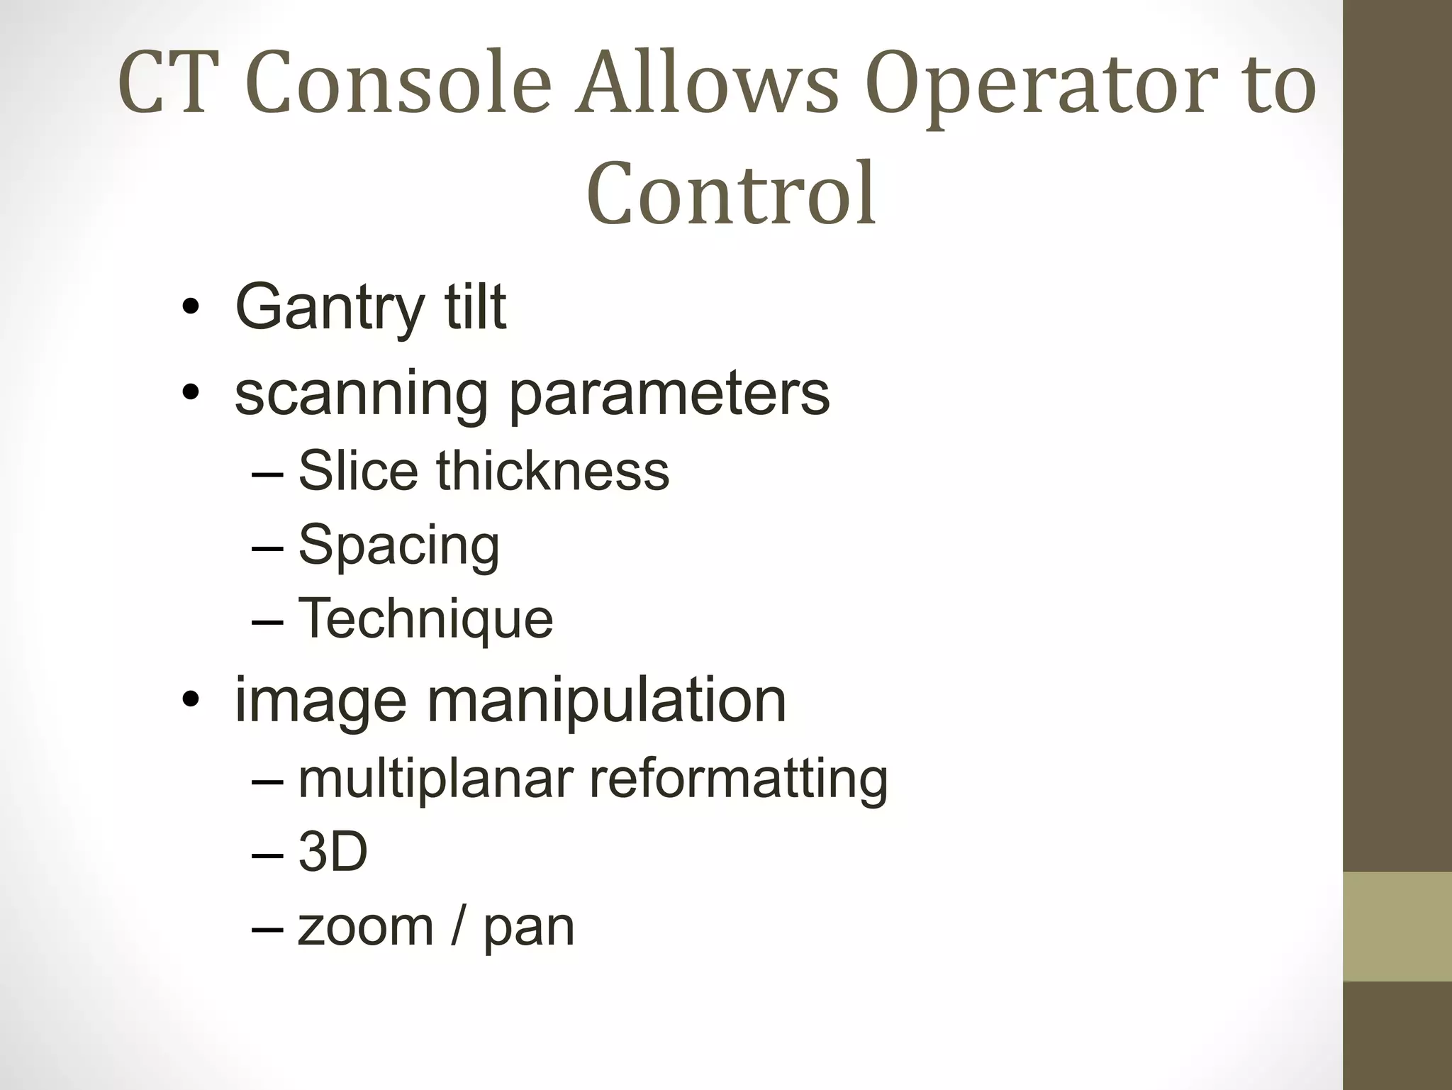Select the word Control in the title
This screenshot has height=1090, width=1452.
coord(731,193)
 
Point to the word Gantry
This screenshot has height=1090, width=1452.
coord(330,308)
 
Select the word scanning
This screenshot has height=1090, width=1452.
coord(361,394)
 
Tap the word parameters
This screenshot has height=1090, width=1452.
coord(669,394)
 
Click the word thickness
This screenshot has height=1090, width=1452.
coord(552,471)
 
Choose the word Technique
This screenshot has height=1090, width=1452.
coord(425,618)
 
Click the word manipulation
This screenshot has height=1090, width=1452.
coord(606,701)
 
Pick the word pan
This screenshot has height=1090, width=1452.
coord(528,928)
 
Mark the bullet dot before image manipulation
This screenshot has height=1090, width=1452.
coord(190,701)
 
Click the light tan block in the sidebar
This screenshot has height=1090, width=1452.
coord(1397,926)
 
